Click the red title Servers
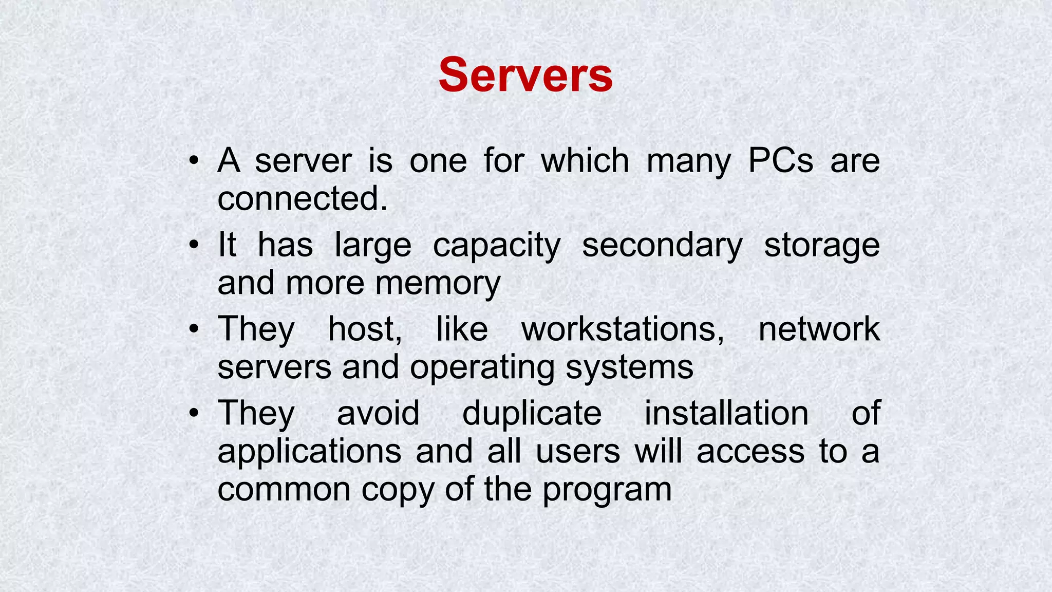(x=525, y=76)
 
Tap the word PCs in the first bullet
(x=780, y=161)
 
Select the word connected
(x=302, y=198)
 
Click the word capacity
(x=496, y=246)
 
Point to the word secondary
(x=662, y=246)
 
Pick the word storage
(x=822, y=246)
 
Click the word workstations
(x=623, y=329)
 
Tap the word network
(x=819, y=329)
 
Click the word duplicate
(x=532, y=413)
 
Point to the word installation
(x=726, y=413)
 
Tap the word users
(x=578, y=452)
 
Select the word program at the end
(x=607, y=490)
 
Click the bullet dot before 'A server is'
(x=193, y=161)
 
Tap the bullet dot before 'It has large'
(x=193, y=245)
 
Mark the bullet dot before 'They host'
(x=193, y=329)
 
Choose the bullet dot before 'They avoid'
(x=193, y=414)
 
